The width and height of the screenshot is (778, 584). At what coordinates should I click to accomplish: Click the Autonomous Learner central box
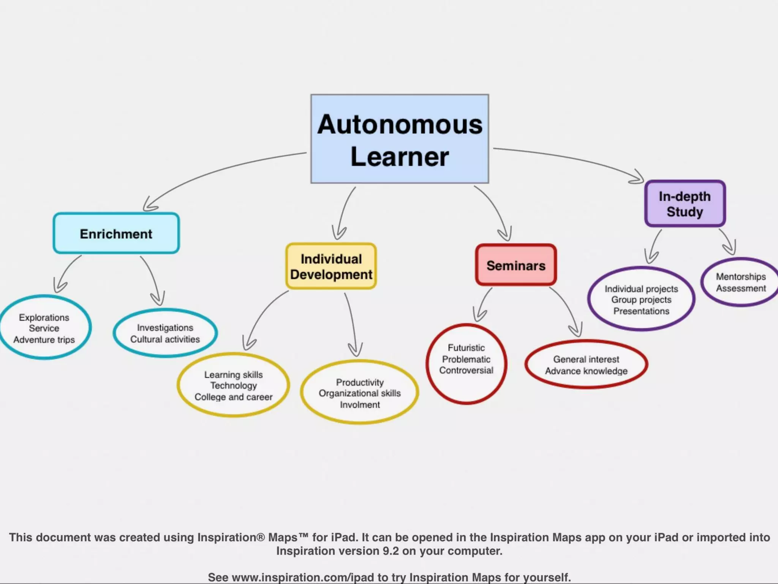(400, 139)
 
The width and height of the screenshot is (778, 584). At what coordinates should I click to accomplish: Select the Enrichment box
(116, 233)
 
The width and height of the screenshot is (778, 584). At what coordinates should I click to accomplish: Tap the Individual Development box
(331, 267)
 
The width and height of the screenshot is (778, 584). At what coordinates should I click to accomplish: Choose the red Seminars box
(516, 265)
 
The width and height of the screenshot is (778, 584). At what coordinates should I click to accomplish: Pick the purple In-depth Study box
(685, 204)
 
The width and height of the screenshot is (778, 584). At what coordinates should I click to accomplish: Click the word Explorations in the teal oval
(44, 317)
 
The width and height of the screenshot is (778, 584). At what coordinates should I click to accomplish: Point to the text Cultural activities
(165, 339)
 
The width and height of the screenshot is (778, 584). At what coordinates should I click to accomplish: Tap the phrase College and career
(234, 397)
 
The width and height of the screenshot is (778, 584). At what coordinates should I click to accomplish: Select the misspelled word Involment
(360, 405)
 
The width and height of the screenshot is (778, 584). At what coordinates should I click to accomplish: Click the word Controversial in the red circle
(466, 370)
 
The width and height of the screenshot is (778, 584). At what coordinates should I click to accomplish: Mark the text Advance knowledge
(586, 371)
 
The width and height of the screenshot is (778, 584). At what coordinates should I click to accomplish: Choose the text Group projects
(641, 300)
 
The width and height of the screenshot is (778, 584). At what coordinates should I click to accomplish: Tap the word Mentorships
(741, 277)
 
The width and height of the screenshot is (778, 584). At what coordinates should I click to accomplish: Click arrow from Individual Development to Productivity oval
(352, 323)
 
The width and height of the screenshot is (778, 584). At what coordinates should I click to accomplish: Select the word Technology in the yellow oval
(234, 386)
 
